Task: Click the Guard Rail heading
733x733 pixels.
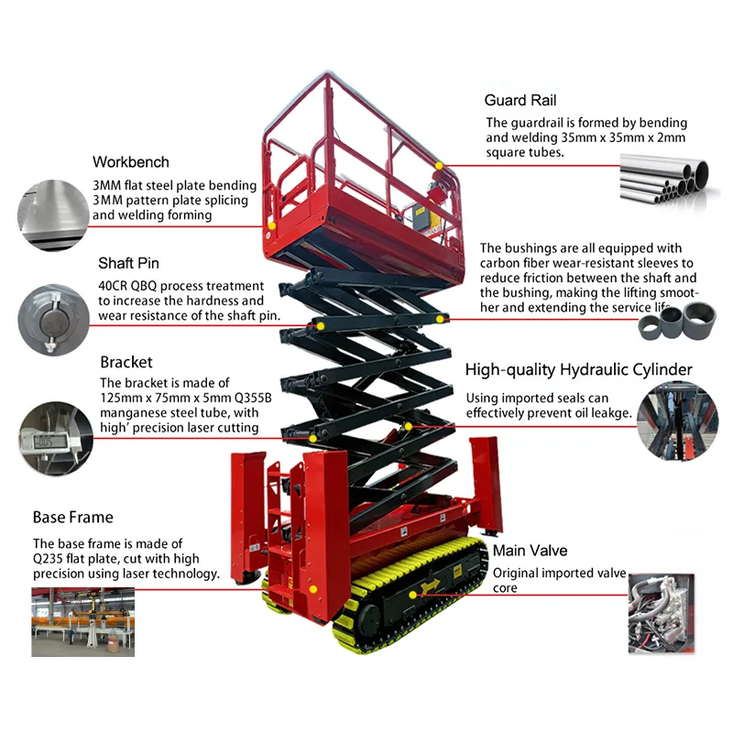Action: [520, 101]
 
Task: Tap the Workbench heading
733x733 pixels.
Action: [131, 162]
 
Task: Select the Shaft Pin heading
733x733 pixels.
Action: [129, 264]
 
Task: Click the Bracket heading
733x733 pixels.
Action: [126, 362]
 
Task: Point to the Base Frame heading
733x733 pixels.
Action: [73, 518]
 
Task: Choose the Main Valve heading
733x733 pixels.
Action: [530, 551]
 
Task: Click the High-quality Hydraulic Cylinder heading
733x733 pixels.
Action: [578, 370]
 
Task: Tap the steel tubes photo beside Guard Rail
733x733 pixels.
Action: [665, 179]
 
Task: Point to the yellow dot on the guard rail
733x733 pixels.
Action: [439, 166]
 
